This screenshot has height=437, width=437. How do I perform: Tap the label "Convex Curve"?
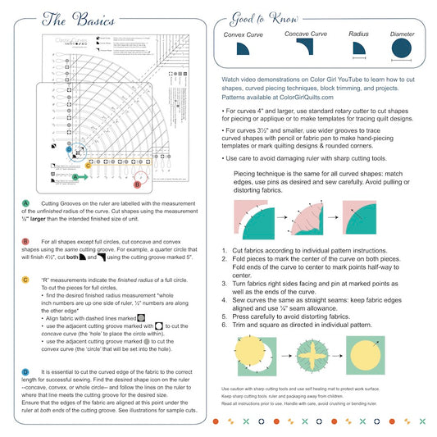point(244,35)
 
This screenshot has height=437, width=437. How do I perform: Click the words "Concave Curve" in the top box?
point(304,34)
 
